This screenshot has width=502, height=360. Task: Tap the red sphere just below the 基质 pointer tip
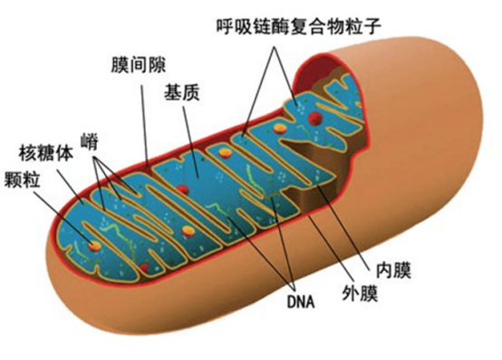tap(182, 189)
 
